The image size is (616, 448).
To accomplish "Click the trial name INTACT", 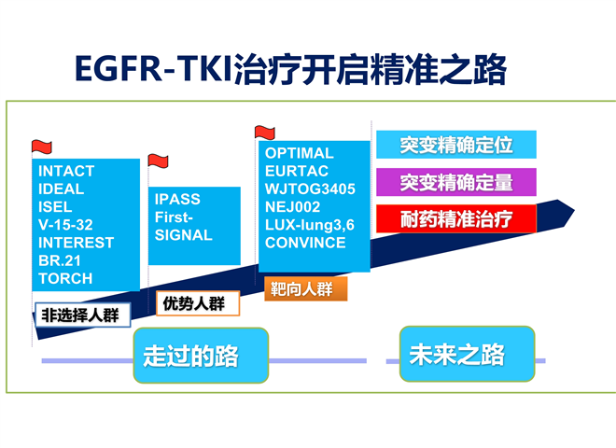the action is point(66,172).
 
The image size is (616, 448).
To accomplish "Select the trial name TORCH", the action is point(65,279).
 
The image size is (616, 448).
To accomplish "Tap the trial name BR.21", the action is point(60,260).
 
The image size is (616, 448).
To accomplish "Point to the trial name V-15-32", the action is point(65,225).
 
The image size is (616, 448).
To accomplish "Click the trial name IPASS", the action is point(177,199).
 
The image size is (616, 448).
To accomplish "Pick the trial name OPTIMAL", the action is point(300,153).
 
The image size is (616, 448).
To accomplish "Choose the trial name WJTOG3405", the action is point(310,189).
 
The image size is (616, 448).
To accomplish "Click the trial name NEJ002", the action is point(293,207).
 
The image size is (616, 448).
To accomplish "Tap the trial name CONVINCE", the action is point(305,243).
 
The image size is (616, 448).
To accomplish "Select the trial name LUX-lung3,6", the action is point(310,225).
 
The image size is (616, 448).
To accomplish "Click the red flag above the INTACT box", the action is point(42,147).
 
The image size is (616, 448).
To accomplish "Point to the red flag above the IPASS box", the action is point(158,161).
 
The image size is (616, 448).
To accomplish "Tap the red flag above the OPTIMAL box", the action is point(265,133).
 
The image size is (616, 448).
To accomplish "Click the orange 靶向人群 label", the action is point(305,288).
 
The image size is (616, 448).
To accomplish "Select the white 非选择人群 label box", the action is point(83,315).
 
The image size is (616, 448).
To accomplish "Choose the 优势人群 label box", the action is point(198,303).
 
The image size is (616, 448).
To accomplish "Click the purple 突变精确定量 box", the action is point(456,182).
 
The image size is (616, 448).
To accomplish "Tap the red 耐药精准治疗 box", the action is point(456,219).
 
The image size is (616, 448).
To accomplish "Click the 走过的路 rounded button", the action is point(201,356).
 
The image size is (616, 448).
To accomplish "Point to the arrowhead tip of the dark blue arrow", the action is point(574,211).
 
